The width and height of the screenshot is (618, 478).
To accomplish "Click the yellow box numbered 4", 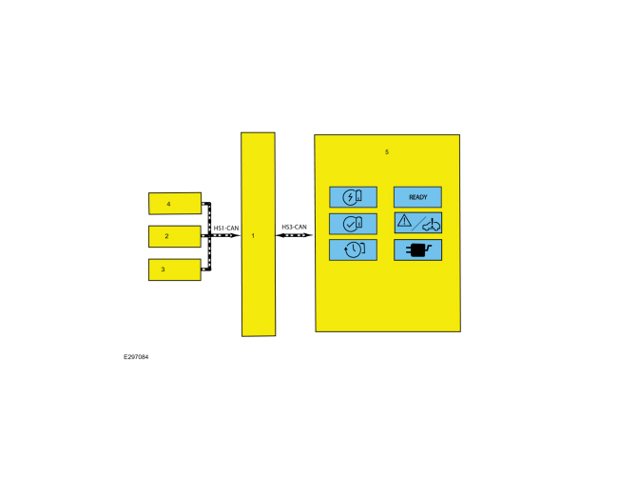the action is click(x=175, y=203).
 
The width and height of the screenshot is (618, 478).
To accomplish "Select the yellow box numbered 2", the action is click(x=175, y=236).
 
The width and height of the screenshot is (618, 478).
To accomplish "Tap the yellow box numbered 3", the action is click(x=175, y=269).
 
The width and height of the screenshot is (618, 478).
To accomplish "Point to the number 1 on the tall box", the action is click(x=253, y=235).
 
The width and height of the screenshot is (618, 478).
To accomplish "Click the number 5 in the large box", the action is click(x=387, y=152).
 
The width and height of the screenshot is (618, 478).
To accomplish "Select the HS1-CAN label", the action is click(x=226, y=229).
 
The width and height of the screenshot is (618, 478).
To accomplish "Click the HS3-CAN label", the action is click(x=294, y=227).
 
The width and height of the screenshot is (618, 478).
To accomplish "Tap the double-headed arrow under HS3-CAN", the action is click(x=294, y=235).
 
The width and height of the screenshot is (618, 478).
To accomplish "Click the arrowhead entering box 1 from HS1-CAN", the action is click(x=236, y=235).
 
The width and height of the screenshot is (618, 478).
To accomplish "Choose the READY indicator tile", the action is click(x=417, y=197).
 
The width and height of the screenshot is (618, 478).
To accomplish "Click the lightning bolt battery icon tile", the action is click(x=353, y=197).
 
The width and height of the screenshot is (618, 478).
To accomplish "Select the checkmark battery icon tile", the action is click(x=353, y=224).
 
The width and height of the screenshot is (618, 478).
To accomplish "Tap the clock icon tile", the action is click(x=353, y=249).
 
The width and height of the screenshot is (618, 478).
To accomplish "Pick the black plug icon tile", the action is click(x=417, y=249).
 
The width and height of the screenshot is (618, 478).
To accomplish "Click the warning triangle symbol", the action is click(x=404, y=220).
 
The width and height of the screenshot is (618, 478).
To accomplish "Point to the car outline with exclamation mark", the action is click(x=432, y=226).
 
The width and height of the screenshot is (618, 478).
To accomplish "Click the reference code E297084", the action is click(x=136, y=357).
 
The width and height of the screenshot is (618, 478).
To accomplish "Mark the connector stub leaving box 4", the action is click(x=205, y=204).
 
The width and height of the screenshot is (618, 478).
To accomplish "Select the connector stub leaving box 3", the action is click(x=205, y=269).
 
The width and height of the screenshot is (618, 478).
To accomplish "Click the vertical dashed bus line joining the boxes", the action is click(x=209, y=236).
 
